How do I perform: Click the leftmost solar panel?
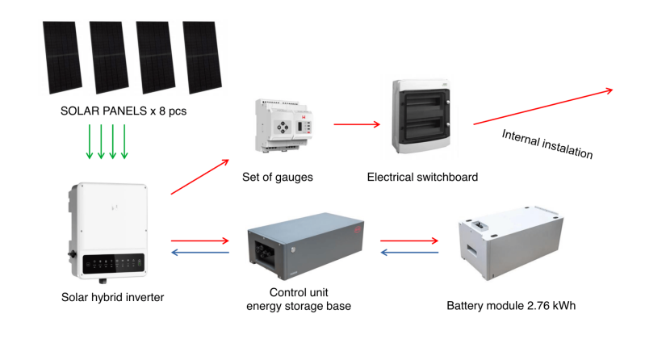[61, 57]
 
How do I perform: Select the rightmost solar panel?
[202, 57]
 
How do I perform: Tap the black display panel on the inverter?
[114, 262]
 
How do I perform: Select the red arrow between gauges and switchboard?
[356, 124]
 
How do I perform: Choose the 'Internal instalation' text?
[547, 144]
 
